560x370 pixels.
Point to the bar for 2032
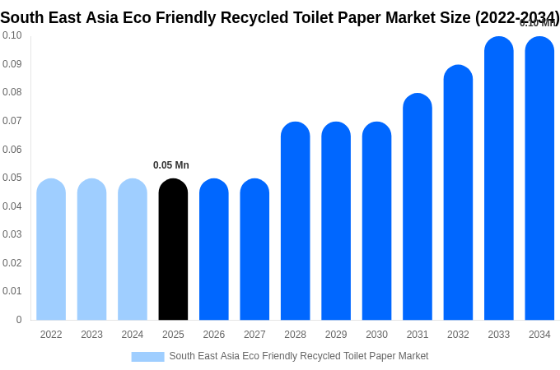click(x=458, y=192)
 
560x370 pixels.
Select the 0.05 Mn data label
click(x=171, y=165)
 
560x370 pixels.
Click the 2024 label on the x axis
click(x=133, y=335)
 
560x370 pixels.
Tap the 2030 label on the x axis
click(x=376, y=335)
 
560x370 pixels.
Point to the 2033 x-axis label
click(x=499, y=335)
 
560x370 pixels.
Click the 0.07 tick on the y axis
click(x=12, y=121)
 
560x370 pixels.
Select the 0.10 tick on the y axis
click(x=12, y=35)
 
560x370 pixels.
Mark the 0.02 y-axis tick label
click(x=12, y=263)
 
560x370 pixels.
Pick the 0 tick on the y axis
click(x=19, y=320)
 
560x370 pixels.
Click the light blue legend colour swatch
click(x=147, y=357)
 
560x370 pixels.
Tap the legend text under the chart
click(x=298, y=356)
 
